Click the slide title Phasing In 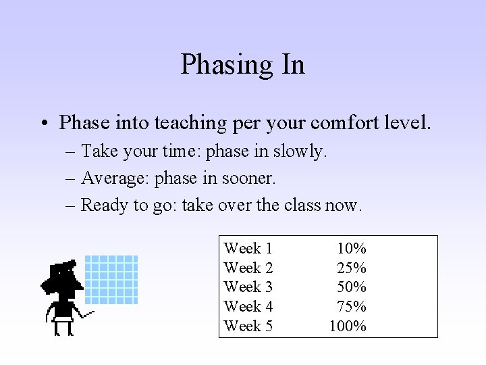coord(243,65)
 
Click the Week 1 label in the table coord(248,249)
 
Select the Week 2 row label coord(248,268)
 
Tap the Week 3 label coord(248,287)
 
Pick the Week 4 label coord(248,307)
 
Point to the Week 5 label coord(248,326)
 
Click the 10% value coord(352,249)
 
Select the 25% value coord(352,268)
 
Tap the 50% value coord(352,287)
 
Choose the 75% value coord(352,307)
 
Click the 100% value coord(348,326)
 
